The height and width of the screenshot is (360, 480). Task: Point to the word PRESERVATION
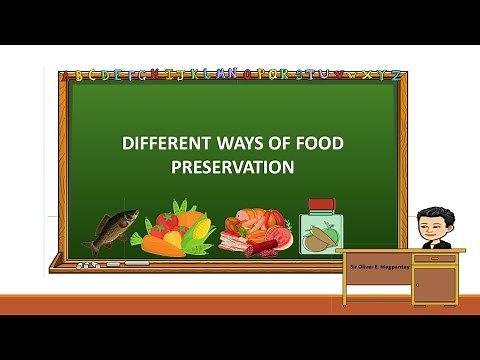[x=232, y=167]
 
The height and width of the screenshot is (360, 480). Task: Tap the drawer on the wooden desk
[x=434, y=259]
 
